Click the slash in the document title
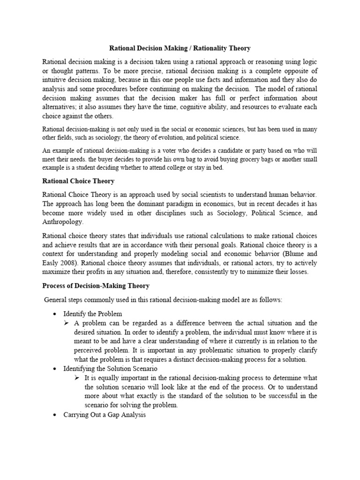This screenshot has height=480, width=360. click(x=186, y=48)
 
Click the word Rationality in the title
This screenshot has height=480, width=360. click(x=209, y=48)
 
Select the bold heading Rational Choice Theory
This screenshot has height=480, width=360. click(x=78, y=181)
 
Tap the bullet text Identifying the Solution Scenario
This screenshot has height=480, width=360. click(x=107, y=368)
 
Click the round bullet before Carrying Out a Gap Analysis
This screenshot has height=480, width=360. click(x=55, y=415)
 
